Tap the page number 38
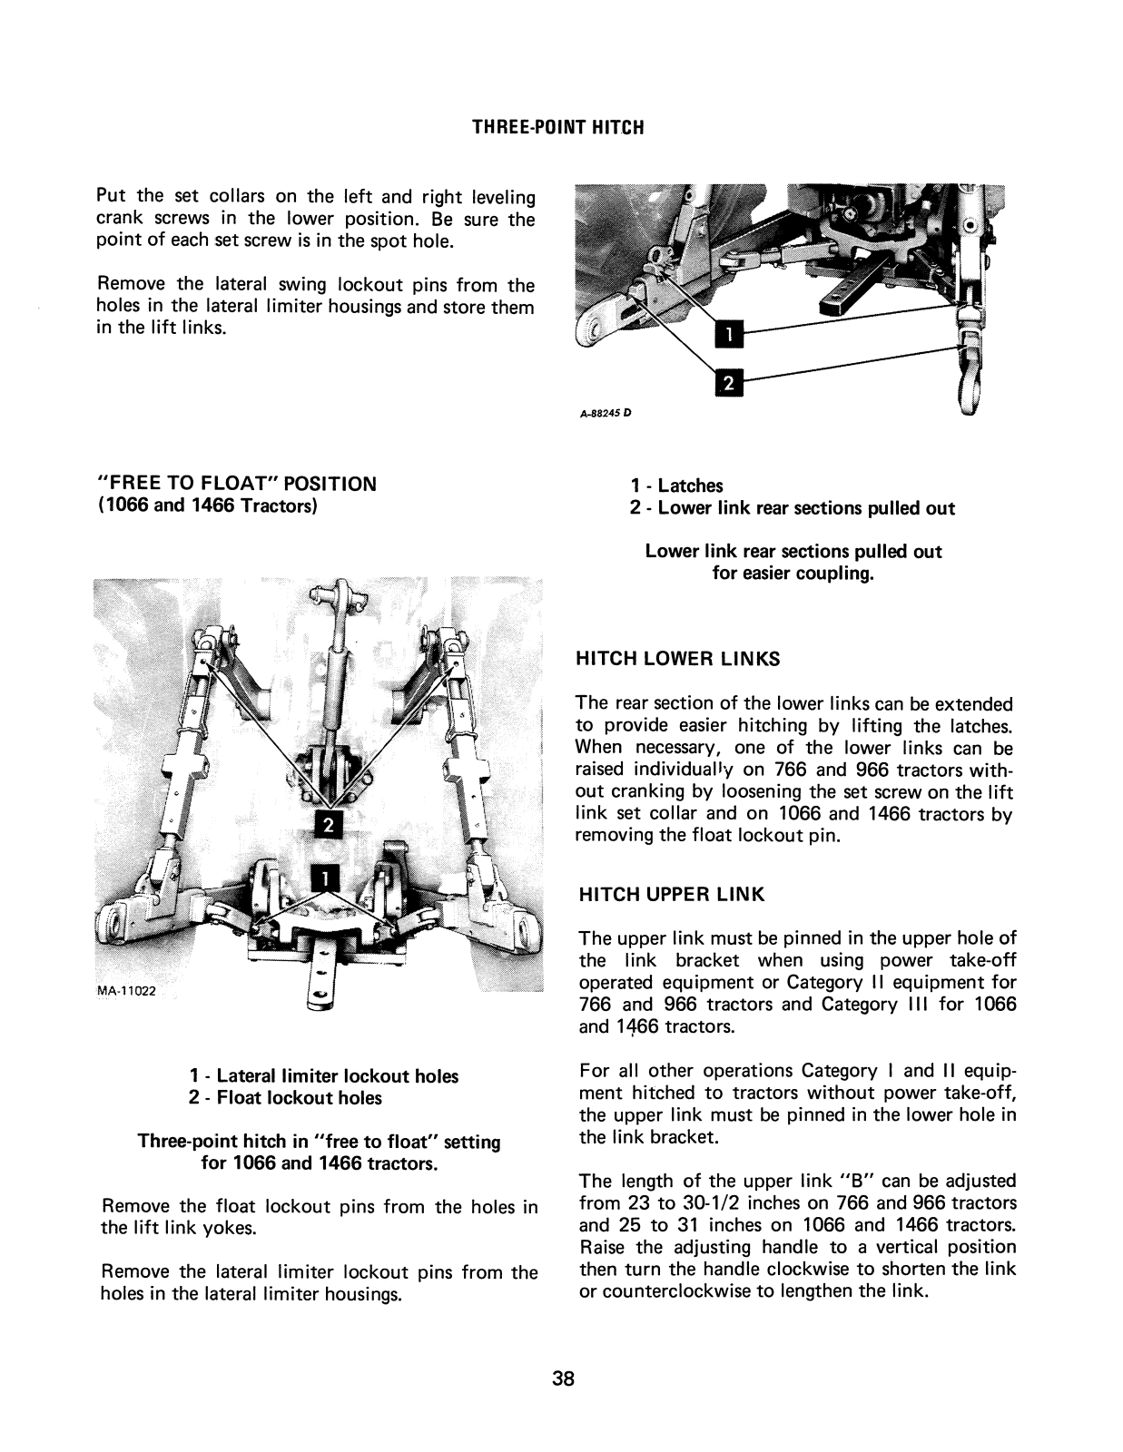563,1380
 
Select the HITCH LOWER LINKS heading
678,660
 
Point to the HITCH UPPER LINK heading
672,895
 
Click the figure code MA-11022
126,990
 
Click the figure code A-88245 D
604,413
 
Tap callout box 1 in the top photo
730,337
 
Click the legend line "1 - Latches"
677,486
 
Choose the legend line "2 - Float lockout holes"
286,1098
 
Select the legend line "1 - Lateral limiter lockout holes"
324,1076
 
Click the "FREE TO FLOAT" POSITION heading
237,484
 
